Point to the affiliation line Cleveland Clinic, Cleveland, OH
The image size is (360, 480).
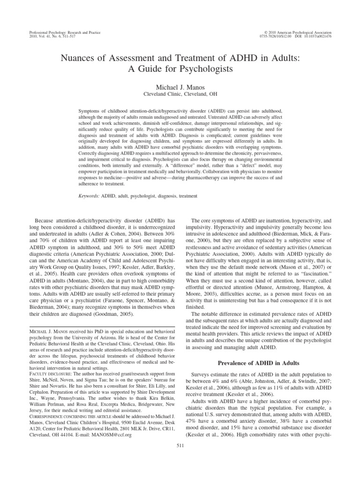coord(180,97)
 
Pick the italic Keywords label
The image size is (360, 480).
coord(89,195)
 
